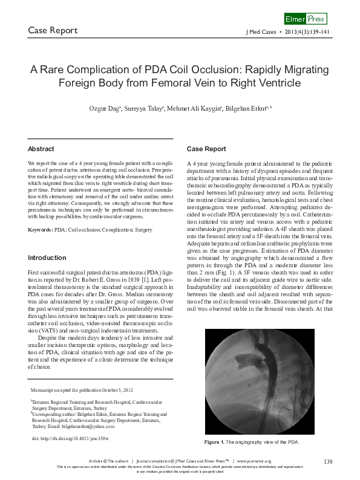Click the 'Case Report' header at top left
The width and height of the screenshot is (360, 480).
[53, 30]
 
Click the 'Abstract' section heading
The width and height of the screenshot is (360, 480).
[41, 149]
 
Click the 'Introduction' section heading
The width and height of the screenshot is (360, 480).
[47, 258]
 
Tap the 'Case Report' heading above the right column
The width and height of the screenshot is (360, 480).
[206, 149]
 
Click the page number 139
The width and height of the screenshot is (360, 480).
[329, 462]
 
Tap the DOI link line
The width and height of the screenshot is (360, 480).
[66, 436]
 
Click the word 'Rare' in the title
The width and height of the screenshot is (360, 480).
[58, 70]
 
